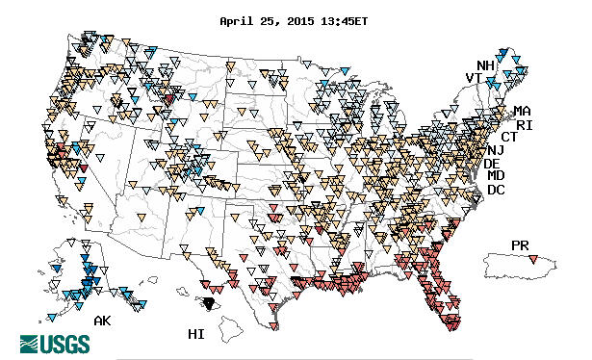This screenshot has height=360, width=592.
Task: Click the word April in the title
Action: pos(238,20)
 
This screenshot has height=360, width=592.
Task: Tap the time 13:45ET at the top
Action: pos(352,20)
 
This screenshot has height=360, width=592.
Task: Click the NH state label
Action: pos(485,65)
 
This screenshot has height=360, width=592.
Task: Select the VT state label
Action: pos(474,78)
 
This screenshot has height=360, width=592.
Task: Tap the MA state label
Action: pos(522,112)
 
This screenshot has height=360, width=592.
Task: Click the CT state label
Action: pos(509,138)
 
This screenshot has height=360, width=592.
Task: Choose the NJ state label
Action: pos(495,150)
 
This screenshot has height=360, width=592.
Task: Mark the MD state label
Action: pos(496,176)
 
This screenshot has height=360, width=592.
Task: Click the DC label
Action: pos(496,190)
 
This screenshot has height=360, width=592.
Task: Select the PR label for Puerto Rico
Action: pos(521,245)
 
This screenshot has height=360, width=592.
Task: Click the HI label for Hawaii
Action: pos(196,333)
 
